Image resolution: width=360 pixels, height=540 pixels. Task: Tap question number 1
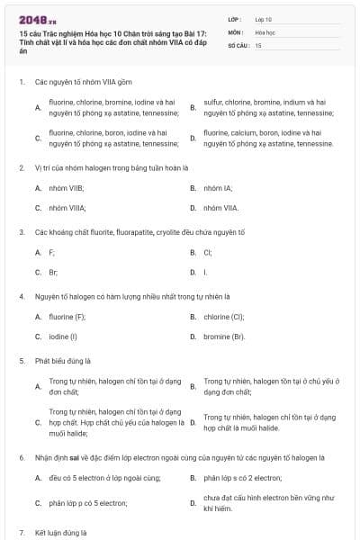point(21,82)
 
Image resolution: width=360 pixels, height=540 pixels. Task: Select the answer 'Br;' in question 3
point(53,271)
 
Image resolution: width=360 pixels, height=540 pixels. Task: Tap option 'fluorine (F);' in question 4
point(67,317)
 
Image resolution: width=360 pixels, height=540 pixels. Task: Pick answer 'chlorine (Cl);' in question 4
point(224,317)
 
